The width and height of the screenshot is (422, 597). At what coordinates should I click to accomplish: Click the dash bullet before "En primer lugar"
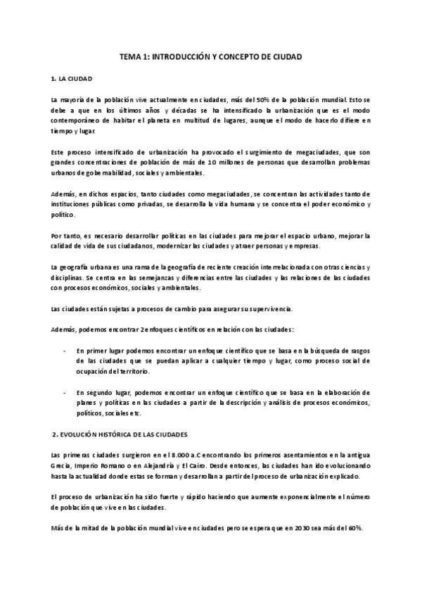[65, 351]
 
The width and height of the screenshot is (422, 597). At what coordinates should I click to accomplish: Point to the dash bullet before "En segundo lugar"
[65, 392]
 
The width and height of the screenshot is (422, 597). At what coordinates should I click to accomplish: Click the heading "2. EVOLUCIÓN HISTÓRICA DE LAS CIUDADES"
[118, 434]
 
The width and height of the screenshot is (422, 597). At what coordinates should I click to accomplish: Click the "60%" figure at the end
[353, 528]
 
